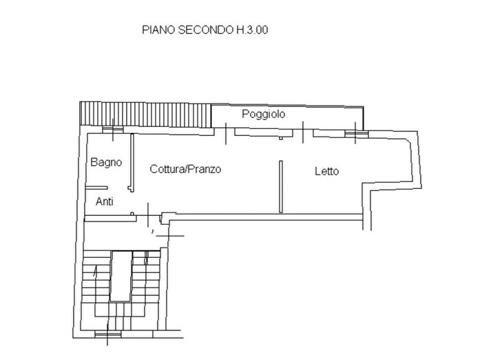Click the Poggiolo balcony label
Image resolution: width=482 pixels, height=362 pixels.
[x=263, y=114]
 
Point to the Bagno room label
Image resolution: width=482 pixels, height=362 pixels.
[x=106, y=163]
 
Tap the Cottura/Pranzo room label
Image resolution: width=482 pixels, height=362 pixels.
[x=185, y=169]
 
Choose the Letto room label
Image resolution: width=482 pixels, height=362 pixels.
[x=326, y=172]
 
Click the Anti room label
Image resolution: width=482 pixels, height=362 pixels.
[x=105, y=202]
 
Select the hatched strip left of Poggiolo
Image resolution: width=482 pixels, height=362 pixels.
[x=145, y=113]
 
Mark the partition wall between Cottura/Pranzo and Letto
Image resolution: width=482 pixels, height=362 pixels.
[x=280, y=187]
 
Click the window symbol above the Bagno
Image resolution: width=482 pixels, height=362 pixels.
[x=109, y=129]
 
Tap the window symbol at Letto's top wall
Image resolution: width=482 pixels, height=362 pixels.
[x=355, y=132]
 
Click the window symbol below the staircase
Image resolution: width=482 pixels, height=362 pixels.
[x=107, y=335]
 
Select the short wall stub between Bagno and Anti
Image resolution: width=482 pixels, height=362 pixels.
[x=96, y=188]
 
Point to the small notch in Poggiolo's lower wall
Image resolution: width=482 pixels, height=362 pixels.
[x=281, y=137]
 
